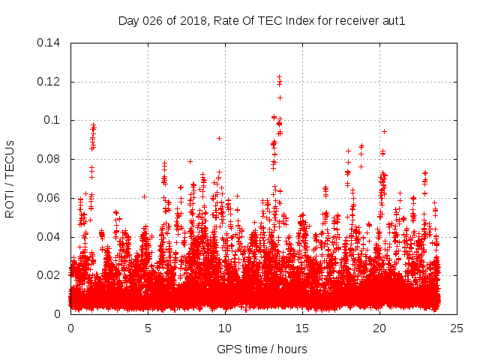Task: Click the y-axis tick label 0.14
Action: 50,43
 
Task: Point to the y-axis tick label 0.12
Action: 50,82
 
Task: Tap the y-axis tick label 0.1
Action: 53,120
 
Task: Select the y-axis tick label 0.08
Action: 50,159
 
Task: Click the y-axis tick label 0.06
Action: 50,198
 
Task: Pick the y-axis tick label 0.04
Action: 50,237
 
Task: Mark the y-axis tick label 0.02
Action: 50,275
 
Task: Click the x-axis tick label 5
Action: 148,328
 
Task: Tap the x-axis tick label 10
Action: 225,328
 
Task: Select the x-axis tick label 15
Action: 302,328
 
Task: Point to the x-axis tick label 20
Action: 379,328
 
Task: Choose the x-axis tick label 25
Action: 457,328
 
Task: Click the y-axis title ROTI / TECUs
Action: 10,178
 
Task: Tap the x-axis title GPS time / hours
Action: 262,349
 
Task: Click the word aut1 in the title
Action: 393,21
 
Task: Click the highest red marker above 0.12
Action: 279,77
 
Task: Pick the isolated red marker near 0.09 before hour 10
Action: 219,138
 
